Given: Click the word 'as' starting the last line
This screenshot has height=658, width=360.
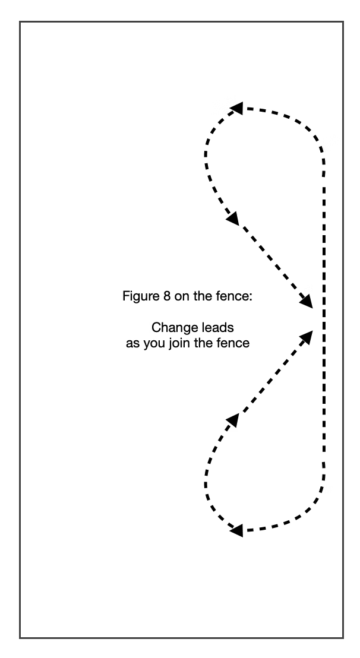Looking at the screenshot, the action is point(132,344).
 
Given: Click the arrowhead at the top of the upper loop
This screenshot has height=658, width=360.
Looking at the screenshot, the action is point(236,108).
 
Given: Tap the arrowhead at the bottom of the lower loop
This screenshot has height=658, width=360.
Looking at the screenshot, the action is point(236,530).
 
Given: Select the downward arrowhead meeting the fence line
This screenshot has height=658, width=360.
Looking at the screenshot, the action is point(307,301).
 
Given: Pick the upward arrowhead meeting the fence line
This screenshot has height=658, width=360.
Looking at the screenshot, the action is point(307,337).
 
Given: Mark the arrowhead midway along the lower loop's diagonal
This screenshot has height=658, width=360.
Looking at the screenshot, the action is point(233,420).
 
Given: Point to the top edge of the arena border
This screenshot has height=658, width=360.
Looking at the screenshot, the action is point(181,22).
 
